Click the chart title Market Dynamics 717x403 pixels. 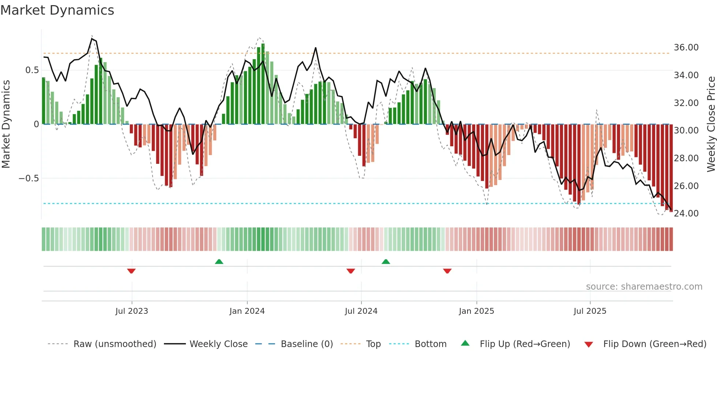click(x=57, y=10)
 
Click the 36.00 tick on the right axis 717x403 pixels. click(x=686, y=48)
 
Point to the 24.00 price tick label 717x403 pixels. click(x=686, y=214)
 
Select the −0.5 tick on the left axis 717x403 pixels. click(x=29, y=178)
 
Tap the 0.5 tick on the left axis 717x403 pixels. click(x=32, y=70)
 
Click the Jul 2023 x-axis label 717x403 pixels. click(x=132, y=311)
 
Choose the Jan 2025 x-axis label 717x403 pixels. click(x=476, y=311)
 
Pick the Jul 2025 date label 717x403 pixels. click(x=590, y=311)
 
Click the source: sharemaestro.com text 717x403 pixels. click(x=644, y=287)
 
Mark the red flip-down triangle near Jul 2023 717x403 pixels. click(x=131, y=271)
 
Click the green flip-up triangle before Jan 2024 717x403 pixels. click(x=219, y=261)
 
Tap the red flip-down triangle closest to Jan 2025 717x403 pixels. click(x=447, y=271)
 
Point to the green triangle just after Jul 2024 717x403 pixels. click(x=386, y=261)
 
